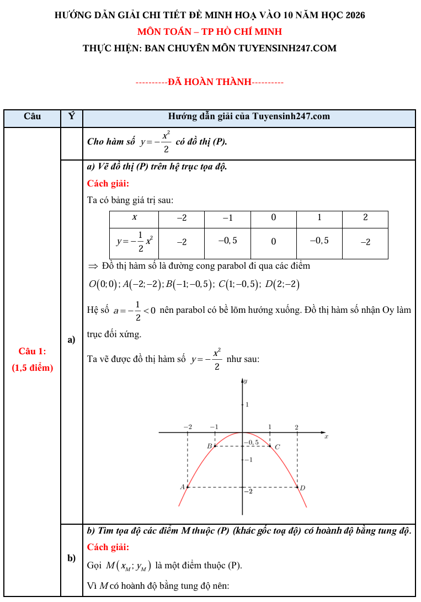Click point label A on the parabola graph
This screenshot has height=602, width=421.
182,487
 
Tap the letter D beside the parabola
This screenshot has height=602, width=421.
302,487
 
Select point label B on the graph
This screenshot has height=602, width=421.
209,445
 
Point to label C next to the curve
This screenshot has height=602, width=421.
278,446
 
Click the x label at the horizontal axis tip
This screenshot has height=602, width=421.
327,436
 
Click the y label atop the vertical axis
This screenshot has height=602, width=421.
246,381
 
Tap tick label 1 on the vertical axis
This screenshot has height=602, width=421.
247,404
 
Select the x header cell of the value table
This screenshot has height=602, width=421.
134,218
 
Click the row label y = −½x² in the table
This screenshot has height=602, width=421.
134,241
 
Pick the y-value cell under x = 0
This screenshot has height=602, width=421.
273,241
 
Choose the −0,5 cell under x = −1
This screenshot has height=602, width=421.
227,241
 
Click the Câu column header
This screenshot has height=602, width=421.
33,116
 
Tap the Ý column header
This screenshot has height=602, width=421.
71,116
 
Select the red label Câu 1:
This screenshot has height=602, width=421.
32,351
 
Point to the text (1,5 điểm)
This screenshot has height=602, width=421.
32,367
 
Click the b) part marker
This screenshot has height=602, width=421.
71,558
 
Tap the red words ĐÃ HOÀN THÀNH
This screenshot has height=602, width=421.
210,82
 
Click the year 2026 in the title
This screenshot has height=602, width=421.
354,15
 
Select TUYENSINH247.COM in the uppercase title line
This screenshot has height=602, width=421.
287,48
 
